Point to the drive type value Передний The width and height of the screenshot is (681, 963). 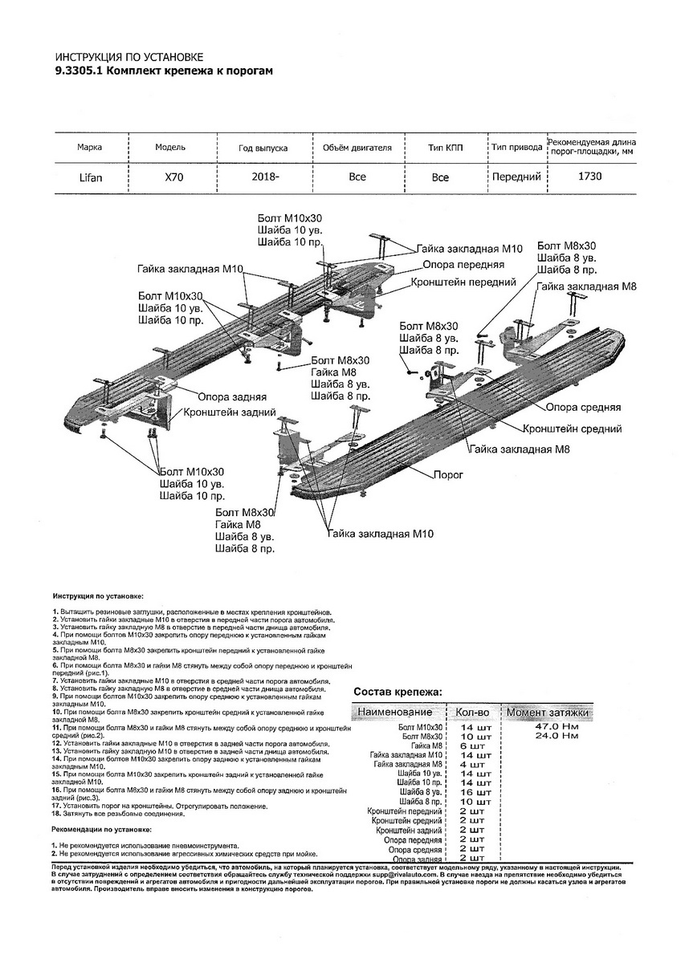coord(516,177)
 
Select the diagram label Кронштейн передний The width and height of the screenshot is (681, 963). coord(463,282)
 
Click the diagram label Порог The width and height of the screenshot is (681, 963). coord(448,475)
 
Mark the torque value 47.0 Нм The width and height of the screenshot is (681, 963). coord(556,726)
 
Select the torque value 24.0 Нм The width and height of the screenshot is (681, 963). coord(556,736)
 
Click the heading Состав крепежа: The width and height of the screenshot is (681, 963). coord(397,692)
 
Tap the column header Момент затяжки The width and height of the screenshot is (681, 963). coord(547,712)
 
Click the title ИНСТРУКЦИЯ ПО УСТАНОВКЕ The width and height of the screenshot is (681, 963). coord(129,58)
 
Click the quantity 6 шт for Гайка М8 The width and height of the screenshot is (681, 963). coord(472,746)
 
